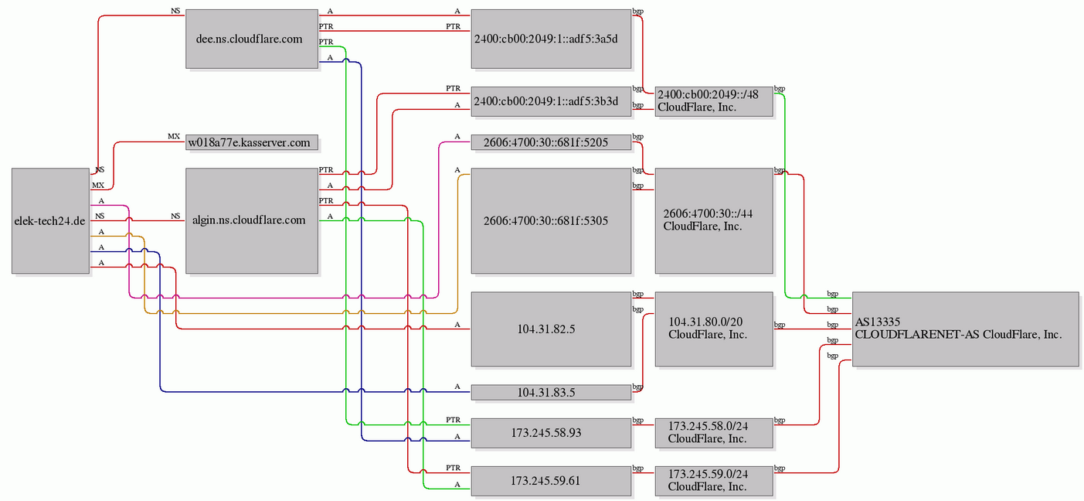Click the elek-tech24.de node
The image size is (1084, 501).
[x=51, y=220]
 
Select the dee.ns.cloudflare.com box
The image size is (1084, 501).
[x=252, y=39]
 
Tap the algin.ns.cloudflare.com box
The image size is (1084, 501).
[x=252, y=220]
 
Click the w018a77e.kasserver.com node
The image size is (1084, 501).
[x=252, y=142]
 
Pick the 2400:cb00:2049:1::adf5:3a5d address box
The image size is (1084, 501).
[x=551, y=39]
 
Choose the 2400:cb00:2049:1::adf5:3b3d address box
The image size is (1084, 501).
[x=551, y=101]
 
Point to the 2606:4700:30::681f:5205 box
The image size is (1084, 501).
[x=551, y=142]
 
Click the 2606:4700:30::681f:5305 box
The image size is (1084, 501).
[x=551, y=220]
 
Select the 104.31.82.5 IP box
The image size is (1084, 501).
[x=551, y=329]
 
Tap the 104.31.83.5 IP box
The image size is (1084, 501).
[x=551, y=392]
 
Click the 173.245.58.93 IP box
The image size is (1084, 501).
[x=551, y=433]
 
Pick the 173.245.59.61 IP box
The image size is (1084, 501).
[x=551, y=481]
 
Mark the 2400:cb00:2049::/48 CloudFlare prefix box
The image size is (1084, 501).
[x=714, y=101]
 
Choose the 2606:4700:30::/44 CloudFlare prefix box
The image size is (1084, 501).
[x=714, y=220]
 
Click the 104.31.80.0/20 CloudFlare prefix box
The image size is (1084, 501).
[x=714, y=329]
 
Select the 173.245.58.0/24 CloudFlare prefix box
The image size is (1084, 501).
[x=714, y=433]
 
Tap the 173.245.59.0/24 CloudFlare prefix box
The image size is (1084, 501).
[x=714, y=481]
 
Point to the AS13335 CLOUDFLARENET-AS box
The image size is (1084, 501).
[x=966, y=329]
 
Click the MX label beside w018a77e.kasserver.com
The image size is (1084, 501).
[x=174, y=137]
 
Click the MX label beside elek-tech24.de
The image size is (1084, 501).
[x=98, y=185]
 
